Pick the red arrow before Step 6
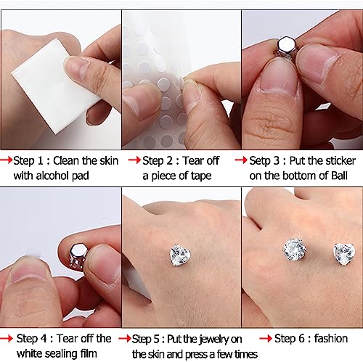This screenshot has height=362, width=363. click(x=265, y=338)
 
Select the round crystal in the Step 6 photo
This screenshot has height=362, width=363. click(x=294, y=251)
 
